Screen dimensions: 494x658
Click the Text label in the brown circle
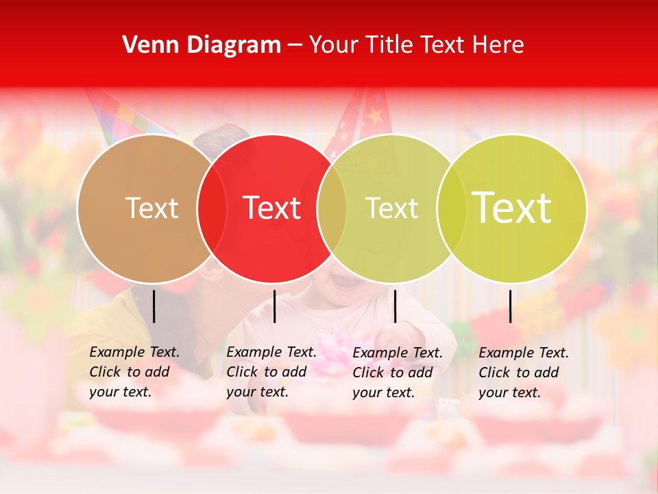[x=151, y=208]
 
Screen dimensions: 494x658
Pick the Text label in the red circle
[x=271, y=208]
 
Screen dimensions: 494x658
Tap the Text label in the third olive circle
[x=391, y=208]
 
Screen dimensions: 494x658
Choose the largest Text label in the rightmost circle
[x=511, y=208]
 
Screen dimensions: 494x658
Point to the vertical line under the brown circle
[x=154, y=306]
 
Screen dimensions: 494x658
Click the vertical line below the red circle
[x=274, y=306]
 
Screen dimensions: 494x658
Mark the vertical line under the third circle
[x=395, y=306]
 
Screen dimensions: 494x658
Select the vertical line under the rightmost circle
[x=510, y=306]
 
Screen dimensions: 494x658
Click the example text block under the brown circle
[x=134, y=372]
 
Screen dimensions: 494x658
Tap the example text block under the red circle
[x=271, y=372]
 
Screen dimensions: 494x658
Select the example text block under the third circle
[x=397, y=373]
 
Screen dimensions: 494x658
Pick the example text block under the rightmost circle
[x=523, y=373]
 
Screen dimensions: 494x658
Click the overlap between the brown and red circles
[x=212, y=208]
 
